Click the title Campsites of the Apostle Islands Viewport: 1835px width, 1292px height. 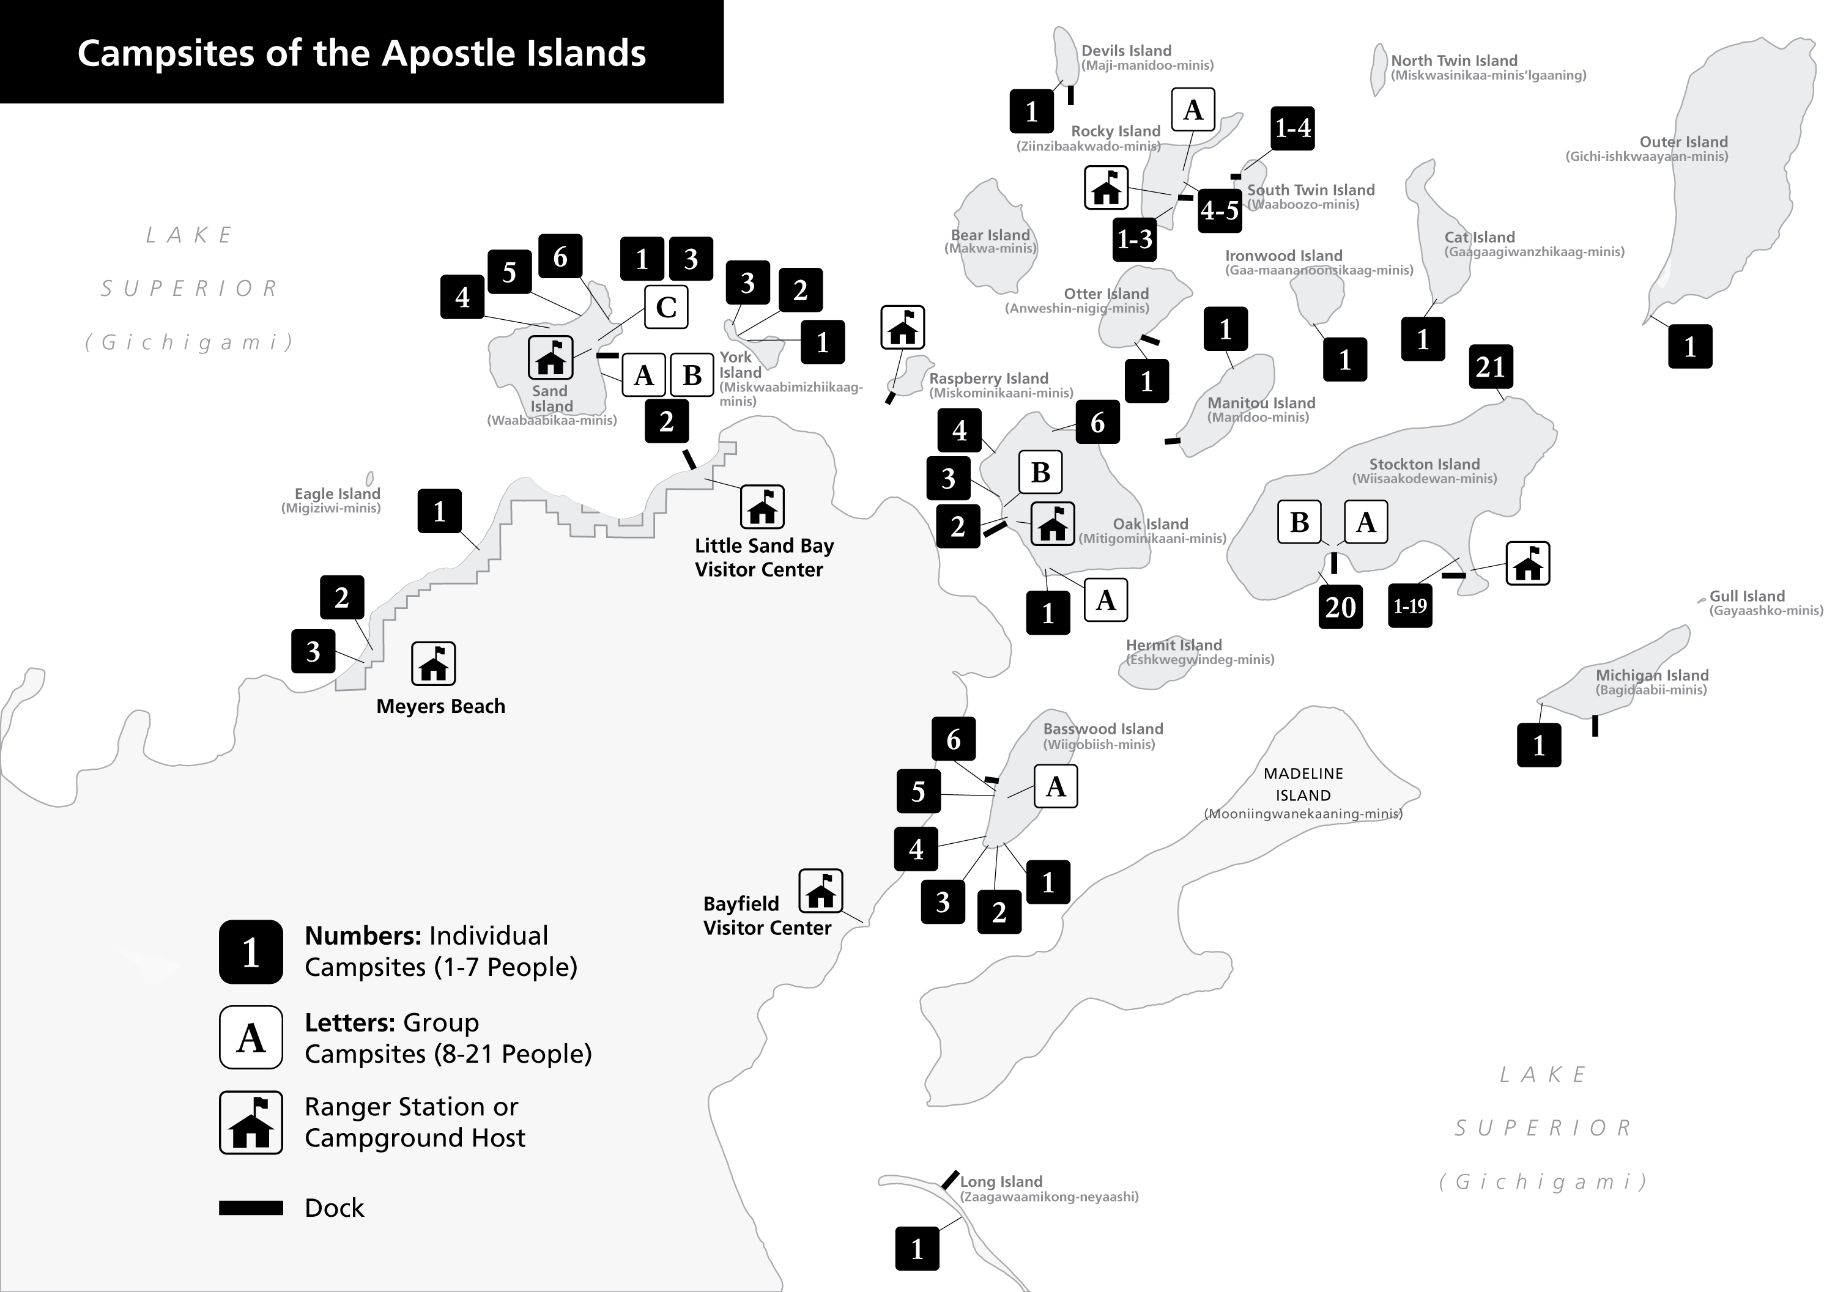(x=361, y=53)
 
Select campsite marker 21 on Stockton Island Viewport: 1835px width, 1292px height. (x=1491, y=367)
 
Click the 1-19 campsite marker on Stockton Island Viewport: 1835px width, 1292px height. (x=1410, y=606)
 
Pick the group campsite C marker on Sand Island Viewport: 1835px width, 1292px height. (x=665, y=308)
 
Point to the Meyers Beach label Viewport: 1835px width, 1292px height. (x=440, y=706)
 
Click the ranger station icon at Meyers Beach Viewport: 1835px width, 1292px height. (x=433, y=663)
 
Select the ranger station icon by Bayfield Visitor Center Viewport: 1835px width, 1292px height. (x=821, y=890)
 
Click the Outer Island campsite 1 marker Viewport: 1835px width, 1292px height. (x=1689, y=347)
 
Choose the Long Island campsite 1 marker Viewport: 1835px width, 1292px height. (x=917, y=1249)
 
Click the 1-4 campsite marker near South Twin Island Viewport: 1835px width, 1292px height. (x=1292, y=128)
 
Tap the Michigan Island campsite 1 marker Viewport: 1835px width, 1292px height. (x=1538, y=745)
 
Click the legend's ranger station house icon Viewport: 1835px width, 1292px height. (x=251, y=1123)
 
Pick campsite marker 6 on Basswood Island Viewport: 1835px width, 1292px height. (x=954, y=739)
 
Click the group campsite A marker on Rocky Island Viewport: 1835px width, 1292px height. (x=1192, y=109)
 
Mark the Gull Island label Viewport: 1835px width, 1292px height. (x=1746, y=596)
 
